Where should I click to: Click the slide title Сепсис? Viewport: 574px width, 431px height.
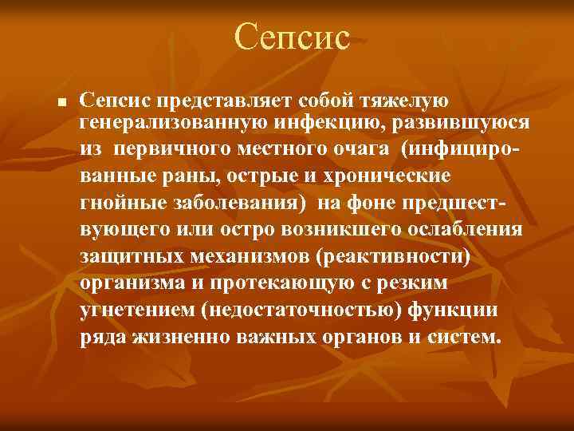pyautogui.click(x=293, y=38)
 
